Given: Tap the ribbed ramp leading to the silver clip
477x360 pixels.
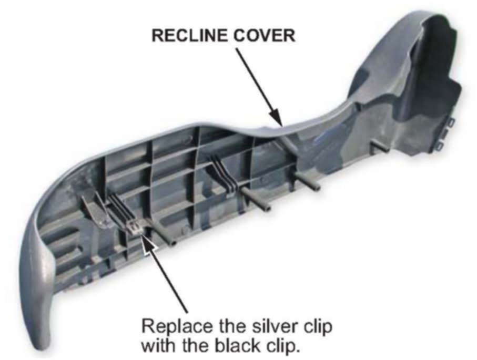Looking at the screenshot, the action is tap(117, 213).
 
